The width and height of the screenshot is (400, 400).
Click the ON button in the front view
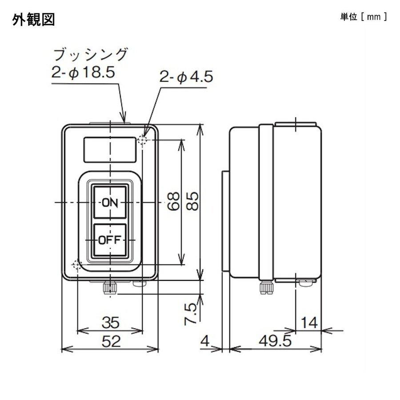tap(109, 203)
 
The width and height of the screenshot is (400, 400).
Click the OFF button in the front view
tap(109, 240)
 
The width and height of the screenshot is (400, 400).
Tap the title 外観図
tap(34, 20)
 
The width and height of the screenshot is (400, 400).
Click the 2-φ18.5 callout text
tap(84, 72)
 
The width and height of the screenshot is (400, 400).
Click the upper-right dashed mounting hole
tap(143, 140)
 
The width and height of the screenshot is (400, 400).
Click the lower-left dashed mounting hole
tap(77, 265)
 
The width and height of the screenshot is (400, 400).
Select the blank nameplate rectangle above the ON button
tap(109, 149)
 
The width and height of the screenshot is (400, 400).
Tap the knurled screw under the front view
tap(109, 288)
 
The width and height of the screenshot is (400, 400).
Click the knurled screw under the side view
tap(266, 288)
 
